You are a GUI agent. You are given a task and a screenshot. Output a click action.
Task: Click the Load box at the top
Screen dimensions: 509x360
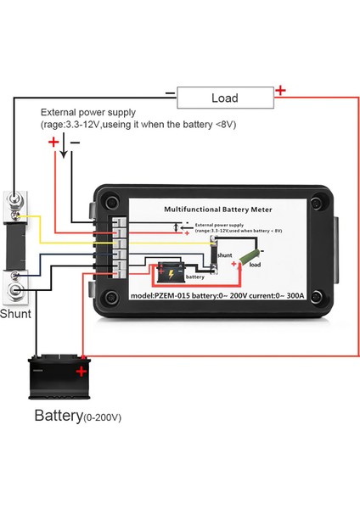224,98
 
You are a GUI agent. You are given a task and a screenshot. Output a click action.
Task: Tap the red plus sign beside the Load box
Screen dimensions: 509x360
280,91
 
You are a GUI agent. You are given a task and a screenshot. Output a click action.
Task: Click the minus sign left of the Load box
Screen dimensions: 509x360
170,93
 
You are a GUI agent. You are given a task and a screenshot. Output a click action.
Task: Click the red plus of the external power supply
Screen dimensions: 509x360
53,142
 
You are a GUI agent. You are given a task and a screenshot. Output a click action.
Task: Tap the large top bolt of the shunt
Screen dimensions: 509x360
16,203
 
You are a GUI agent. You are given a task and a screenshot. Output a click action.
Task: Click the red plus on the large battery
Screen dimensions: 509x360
82,371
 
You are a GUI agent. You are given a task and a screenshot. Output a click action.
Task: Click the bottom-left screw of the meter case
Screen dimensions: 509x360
111,298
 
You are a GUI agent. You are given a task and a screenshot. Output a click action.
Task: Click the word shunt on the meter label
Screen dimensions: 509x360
224,254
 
